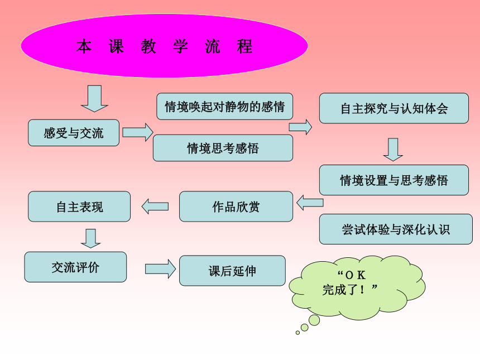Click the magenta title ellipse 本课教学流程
165,46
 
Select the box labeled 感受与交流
74,132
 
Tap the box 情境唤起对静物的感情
225,106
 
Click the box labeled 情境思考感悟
223,148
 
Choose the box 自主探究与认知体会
394,108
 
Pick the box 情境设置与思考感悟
394,180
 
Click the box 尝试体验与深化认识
396,229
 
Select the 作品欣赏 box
236,207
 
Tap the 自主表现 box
79,207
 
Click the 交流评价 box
75,267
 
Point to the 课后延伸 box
232,271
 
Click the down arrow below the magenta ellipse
94,99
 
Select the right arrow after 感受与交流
138,132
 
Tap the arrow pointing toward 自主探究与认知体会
300,127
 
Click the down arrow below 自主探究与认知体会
393,150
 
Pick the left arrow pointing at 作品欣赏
310,203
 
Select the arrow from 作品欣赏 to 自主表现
155,207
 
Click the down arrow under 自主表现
90,238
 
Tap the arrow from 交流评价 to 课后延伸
160,269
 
